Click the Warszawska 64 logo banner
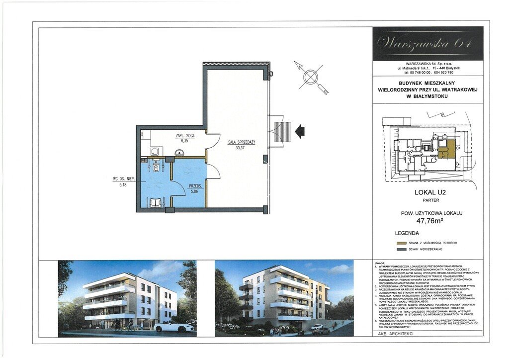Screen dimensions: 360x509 pyautogui.click(x=427, y=44)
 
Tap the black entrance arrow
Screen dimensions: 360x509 pyautogui.click(x=299, y=131)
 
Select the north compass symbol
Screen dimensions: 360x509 pyautogui.click(x=311, y=77)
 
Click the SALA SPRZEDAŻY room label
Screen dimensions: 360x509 pyautogui.click(x=241, y=142)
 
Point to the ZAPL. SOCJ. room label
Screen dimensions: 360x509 pyautogui.click(x=185, y=135)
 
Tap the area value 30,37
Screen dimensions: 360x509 pyautogui.click(x=241, y=148)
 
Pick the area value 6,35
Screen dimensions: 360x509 pyautogui.click(x=185, y=141)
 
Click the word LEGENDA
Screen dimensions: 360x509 pyautogui.click(x=407, y=233)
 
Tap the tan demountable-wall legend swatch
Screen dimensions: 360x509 pyautogui.click(x=401, y=243)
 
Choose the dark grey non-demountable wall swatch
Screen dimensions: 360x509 pyautogui.click(x=401, y=250)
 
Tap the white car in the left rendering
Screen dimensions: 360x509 pyautogui.click(x=173, y=327)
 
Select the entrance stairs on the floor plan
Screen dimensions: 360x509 pyautogui.click(x=282, y=132)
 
